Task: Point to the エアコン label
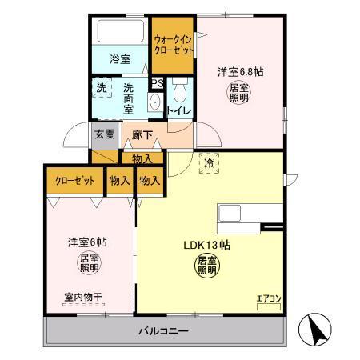coord(268,299)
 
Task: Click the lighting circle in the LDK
coord(206,266)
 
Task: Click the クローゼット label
coord(74,182)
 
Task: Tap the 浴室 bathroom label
coord(119,58)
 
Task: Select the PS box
coord(158,82)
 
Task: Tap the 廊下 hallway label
coord(143,135)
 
